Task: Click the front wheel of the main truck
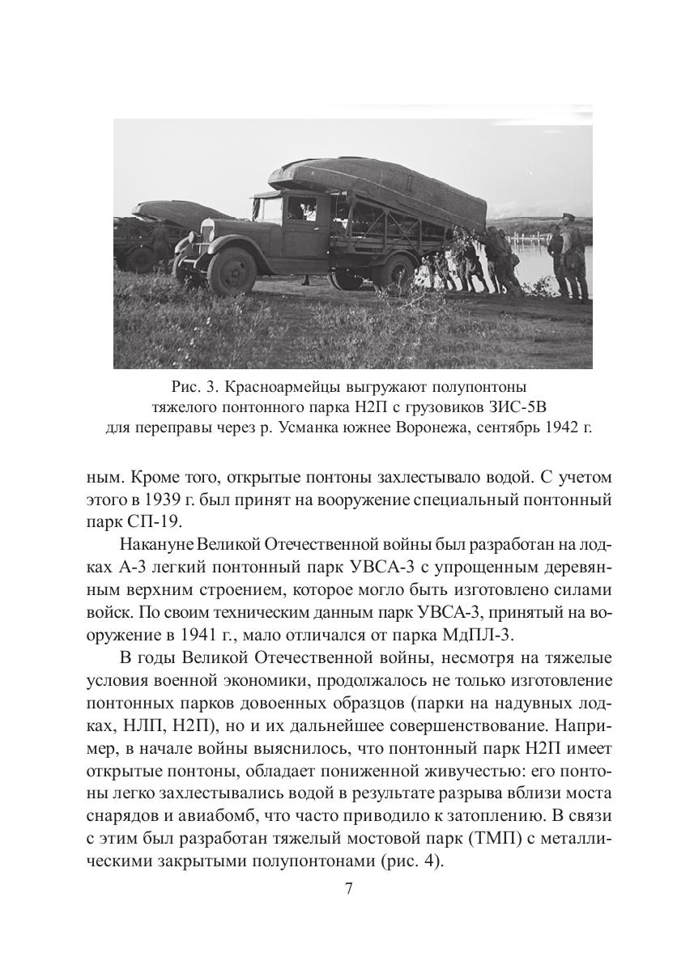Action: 232,270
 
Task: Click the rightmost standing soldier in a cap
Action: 575,257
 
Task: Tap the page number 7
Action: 348,888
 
